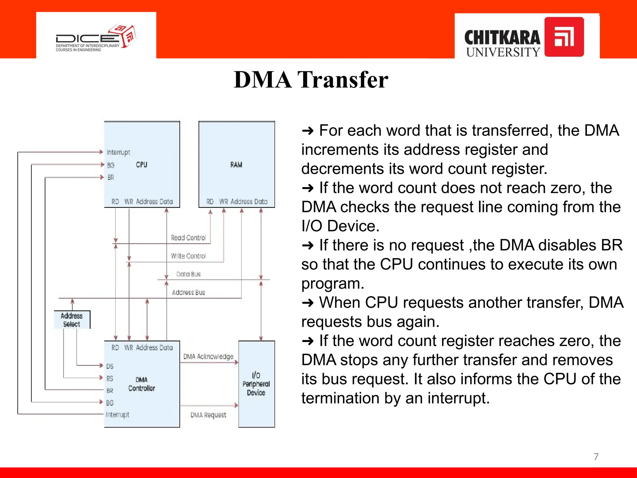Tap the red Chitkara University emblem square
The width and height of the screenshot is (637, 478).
pyautogui.click(x=564, y=37)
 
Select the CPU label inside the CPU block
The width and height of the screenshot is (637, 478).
pyautogui.click(x=142, y=165)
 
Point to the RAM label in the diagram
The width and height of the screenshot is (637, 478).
pyautogui.click(x=236, y=165)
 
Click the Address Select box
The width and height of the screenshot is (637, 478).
pyautogui.click(x=72, y=320)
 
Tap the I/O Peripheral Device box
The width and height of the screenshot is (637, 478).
pyautogui.click(x=256, y=384)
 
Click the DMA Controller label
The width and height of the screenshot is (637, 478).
pyautogui.click(x=142, y=384)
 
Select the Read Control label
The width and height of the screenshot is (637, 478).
pyautogui.click(x=188, y=238)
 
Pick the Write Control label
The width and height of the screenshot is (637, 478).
pyautogui.click(x=188, y=256)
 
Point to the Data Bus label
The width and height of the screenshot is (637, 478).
pyautogui.click(x=188, y=274)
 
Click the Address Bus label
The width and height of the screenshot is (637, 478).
pyautogui.click(x=188, y=293)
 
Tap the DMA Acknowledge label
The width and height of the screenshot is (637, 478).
pyautogui.click(x=208, y=357)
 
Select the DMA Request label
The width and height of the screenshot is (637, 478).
pyautogui.click(x=208, y=415)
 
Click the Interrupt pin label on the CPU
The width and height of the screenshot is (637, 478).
pyautogui.click(x=118, y=152)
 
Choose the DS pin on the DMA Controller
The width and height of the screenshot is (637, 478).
pyautogui.click(x=110, y=366)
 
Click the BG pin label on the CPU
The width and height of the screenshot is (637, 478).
pyautogui.click(x=111, y=165)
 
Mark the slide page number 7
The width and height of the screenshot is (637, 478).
pyautogui.click(x=596, y=457)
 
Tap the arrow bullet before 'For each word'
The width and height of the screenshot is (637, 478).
pyautogui.click(x=308, y=131)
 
